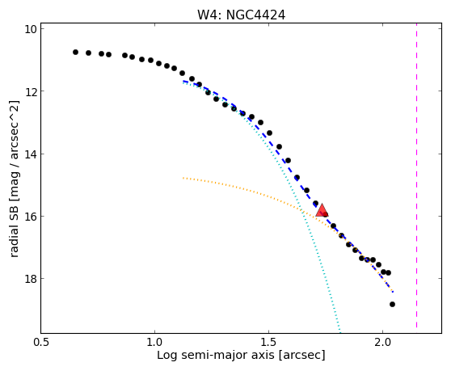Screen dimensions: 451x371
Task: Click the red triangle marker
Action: (x=322, y=210)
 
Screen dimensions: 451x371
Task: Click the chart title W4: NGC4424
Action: (x=241, y=15)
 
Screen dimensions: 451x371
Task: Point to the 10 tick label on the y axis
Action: (x=31, y=29)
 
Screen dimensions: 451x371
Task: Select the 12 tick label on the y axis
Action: (x=31, y=91)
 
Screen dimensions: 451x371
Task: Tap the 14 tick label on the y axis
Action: (x=31, y=154)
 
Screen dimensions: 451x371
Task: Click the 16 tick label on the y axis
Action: (x=31, y=217)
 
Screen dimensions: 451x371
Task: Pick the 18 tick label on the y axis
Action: (x=31, y=279)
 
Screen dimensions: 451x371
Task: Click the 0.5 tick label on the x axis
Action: (x=41, y=342)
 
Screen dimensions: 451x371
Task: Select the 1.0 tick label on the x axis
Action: (x=154, y=342)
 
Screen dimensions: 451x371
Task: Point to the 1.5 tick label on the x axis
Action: (x=268, y=342)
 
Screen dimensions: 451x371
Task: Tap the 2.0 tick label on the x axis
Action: (x=382, y=342)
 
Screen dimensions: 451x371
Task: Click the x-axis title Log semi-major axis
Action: (x=216, y=356)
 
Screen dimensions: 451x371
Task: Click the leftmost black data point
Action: (x=76, y=52)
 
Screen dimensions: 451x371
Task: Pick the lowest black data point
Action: (x=392, y=304)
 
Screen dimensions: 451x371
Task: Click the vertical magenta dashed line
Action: (x=416, y=179)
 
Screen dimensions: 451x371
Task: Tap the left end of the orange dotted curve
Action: (x=183, y=178)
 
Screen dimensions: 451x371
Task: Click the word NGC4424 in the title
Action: (x=255, y=15)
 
